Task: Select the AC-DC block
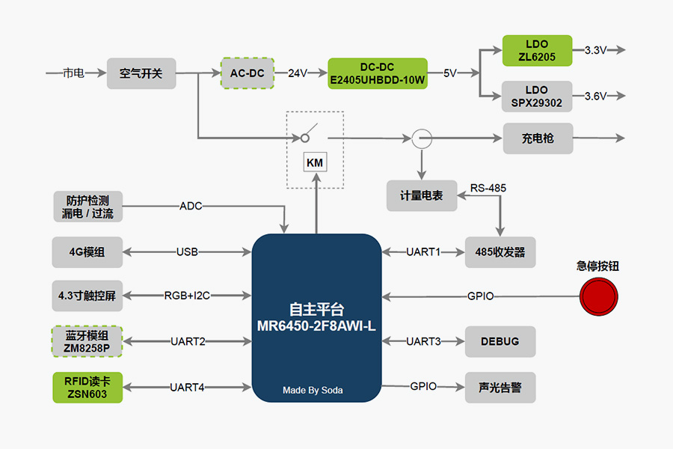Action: point(248,73)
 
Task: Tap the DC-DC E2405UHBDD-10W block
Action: point(377,73)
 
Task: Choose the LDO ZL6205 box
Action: point(536,50)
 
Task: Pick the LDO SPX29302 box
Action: point(536,97)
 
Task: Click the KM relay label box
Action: point(315,162)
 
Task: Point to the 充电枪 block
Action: point(538,138)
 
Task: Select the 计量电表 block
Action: point(421,195)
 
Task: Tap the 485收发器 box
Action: point(500,252)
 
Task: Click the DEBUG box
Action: point(500,341)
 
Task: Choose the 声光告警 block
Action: point(500,387)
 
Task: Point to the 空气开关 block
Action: point(141,73)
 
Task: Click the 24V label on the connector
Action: point(298,73)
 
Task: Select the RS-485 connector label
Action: point(488,188)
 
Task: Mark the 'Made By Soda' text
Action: point(313,390)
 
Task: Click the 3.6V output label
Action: point(595,97)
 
